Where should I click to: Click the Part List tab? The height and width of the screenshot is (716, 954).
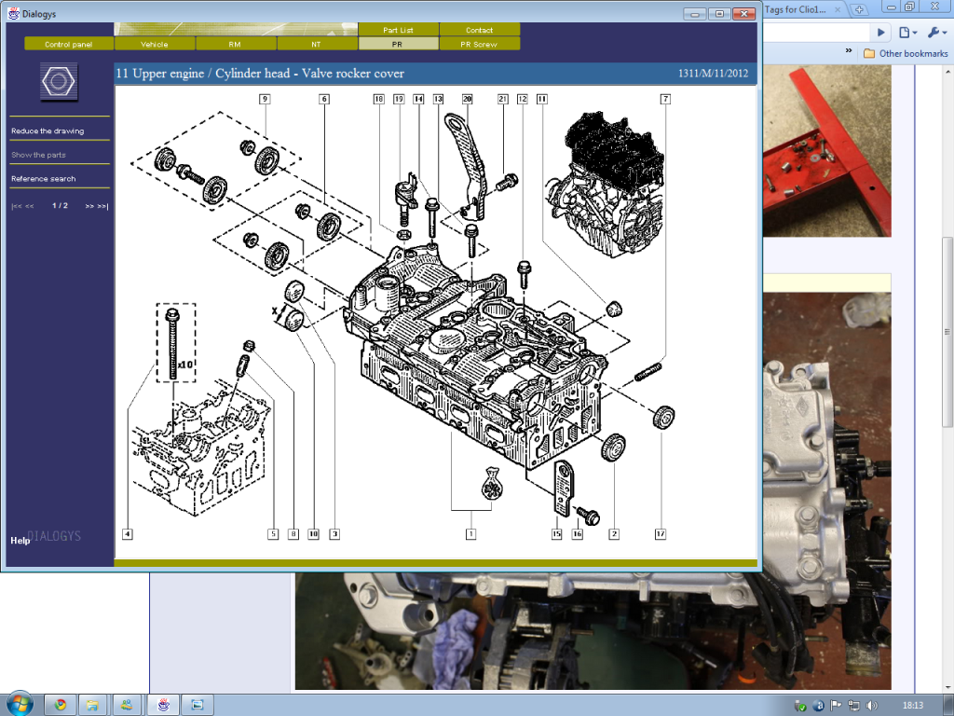point(398,30)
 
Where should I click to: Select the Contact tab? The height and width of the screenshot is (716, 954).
point(479,30)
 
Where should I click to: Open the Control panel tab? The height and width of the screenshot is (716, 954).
point(69,44)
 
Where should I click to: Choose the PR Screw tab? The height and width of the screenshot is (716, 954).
point(479,44)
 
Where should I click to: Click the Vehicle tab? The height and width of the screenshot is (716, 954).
point(155,44)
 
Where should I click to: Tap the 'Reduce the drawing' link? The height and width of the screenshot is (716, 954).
point(48,131)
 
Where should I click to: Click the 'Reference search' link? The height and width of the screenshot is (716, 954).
point(44,179)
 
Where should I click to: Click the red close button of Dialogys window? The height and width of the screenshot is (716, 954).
point(743,14)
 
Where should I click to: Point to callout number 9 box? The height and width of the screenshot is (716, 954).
point(265,98)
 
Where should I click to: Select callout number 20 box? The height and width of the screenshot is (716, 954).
point(468,98)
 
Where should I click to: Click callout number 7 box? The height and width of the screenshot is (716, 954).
point(665,98)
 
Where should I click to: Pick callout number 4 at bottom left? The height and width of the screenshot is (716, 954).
point(127,534)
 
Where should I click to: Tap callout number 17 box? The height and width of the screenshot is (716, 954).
point(660,534)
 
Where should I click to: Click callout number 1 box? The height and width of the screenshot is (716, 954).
point(471,534)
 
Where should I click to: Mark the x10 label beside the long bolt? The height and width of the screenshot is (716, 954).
point(185,365)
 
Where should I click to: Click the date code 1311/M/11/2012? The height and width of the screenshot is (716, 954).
point(714,74)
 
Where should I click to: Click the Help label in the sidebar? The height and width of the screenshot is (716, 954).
point(20,541)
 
